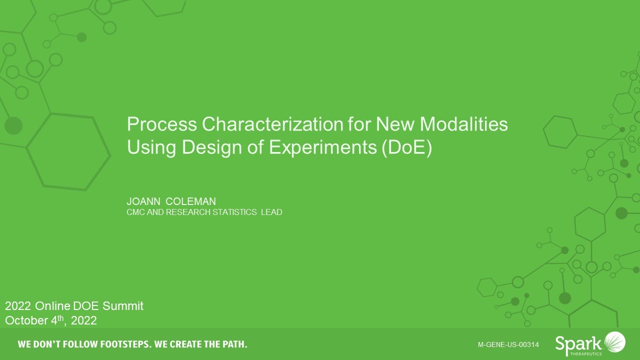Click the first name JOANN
click(143, 201)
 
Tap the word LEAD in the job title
click(271, 212)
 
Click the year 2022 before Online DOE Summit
click(18, 306)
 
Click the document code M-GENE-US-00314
click(508, 344)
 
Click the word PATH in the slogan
click(232, 344)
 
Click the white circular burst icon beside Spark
click(614, 342)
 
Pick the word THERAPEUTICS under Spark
click(585, 353)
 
